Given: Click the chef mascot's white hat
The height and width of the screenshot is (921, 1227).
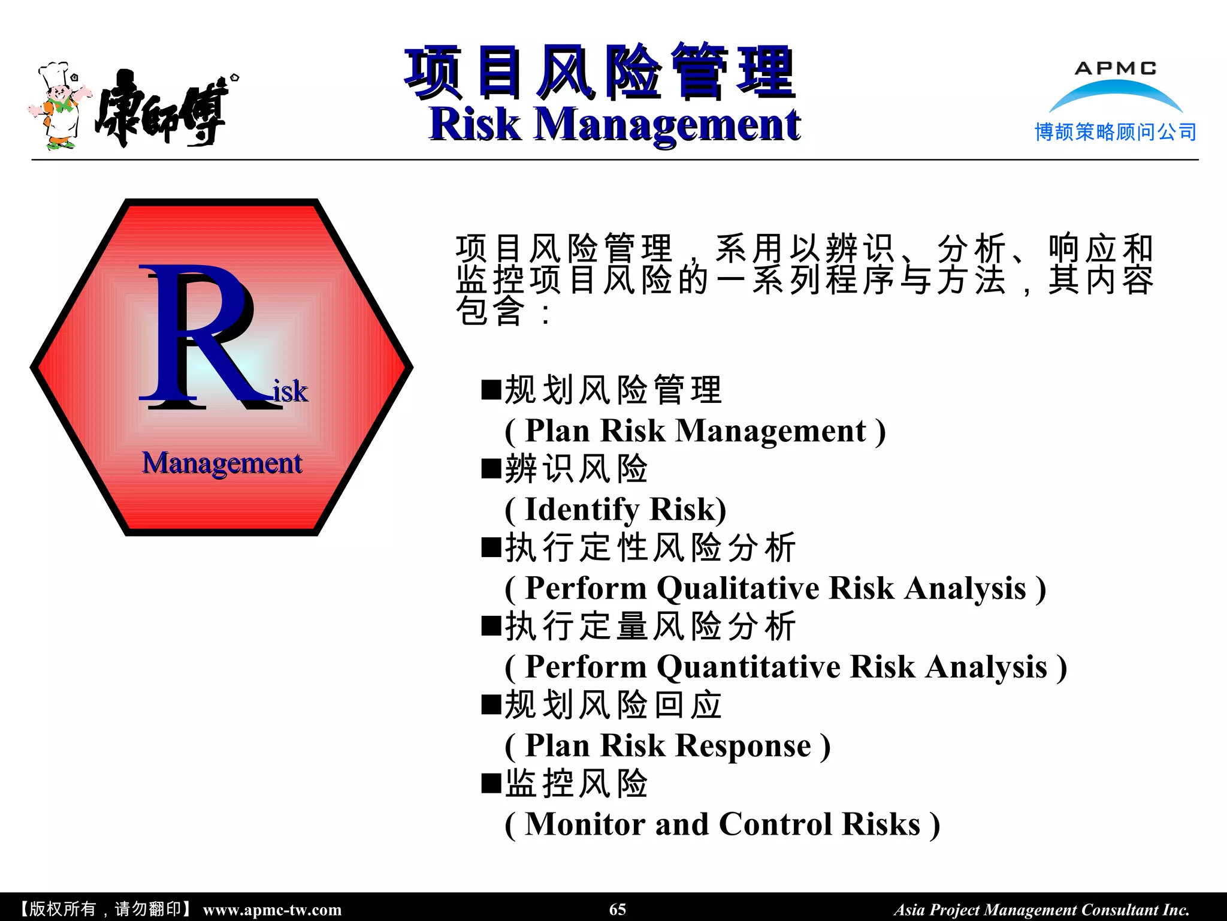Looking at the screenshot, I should click(x=54, y=74).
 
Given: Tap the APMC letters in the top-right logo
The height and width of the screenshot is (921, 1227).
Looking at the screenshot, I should click(x=1116, y=68).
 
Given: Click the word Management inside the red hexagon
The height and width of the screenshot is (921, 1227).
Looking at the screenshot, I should click(x=222, y=463).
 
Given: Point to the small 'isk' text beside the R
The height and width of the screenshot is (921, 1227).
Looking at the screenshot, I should click(x=291, y=391).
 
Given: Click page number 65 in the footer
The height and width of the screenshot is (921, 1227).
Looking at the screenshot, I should click(x=617, y=909).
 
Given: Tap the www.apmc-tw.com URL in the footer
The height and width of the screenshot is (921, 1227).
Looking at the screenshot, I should click(x=272, y=910).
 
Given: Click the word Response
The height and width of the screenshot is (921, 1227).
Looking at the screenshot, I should click(x=743, y=746).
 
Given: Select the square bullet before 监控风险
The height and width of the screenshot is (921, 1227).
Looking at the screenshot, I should click(x=491, y=783).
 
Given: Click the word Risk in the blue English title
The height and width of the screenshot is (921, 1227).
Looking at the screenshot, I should click(x=475, y=124).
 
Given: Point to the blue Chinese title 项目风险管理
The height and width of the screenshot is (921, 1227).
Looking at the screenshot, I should click(x=599, y=72).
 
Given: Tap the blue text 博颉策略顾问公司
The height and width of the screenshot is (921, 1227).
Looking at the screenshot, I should click(x=1116, y=132).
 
